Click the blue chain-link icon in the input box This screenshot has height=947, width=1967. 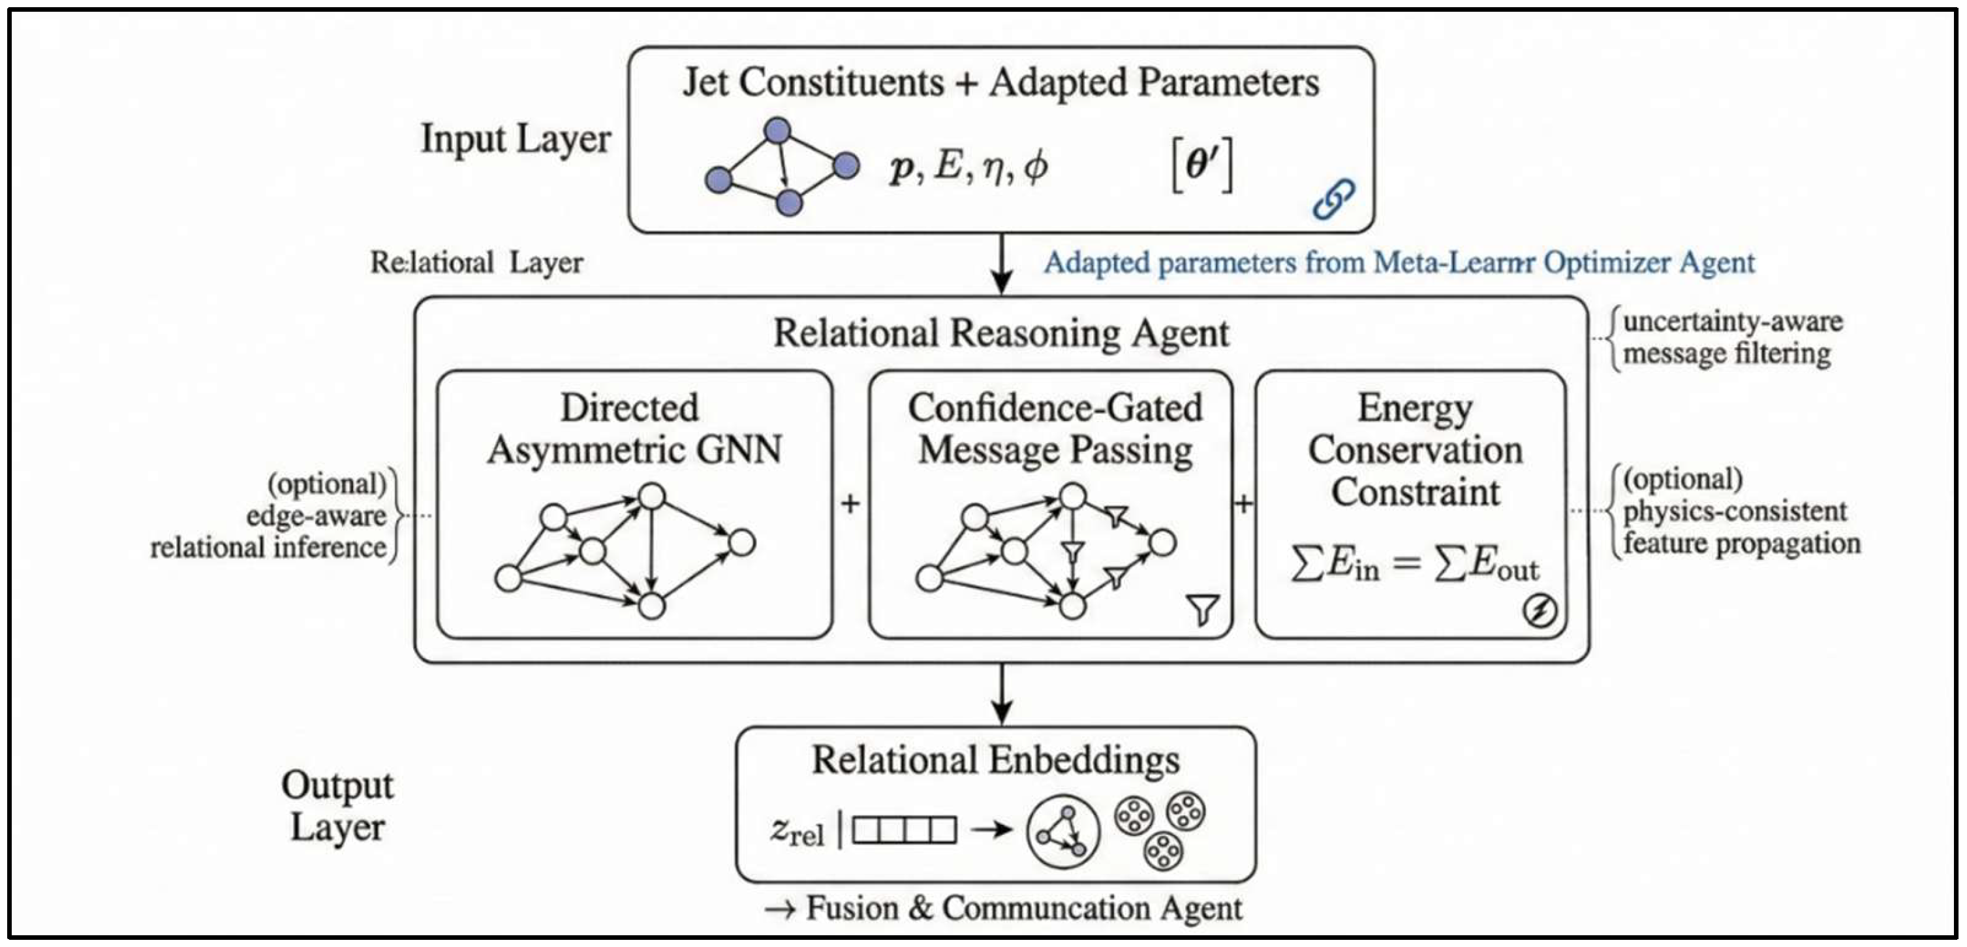click(1333, 198)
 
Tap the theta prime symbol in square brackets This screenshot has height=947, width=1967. click(1202, 166)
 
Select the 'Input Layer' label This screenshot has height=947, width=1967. click(516, 139)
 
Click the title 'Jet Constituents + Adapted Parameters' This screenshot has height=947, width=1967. click(1000, 82)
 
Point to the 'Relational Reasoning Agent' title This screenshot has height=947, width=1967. click(1000, 333)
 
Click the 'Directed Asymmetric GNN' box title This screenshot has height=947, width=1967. click(634, 428)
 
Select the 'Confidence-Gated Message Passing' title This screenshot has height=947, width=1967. click(1055, 428)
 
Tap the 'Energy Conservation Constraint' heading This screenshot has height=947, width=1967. click(1414, 450)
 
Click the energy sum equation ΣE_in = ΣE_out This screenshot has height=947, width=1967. click(1414, 566)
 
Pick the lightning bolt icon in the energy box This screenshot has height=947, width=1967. click(1540, 611)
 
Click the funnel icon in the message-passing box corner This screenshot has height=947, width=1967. click(1203, 610)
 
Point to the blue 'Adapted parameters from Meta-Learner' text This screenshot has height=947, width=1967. click(1398, 263)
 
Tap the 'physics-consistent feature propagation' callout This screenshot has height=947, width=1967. click(1739, 512)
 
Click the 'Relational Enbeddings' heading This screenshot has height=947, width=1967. click(995, 760)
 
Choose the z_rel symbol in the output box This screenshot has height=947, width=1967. click(796, 831)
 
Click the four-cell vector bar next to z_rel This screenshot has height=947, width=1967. click(903, 830)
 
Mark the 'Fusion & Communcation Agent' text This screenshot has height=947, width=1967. click(1004, 908)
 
